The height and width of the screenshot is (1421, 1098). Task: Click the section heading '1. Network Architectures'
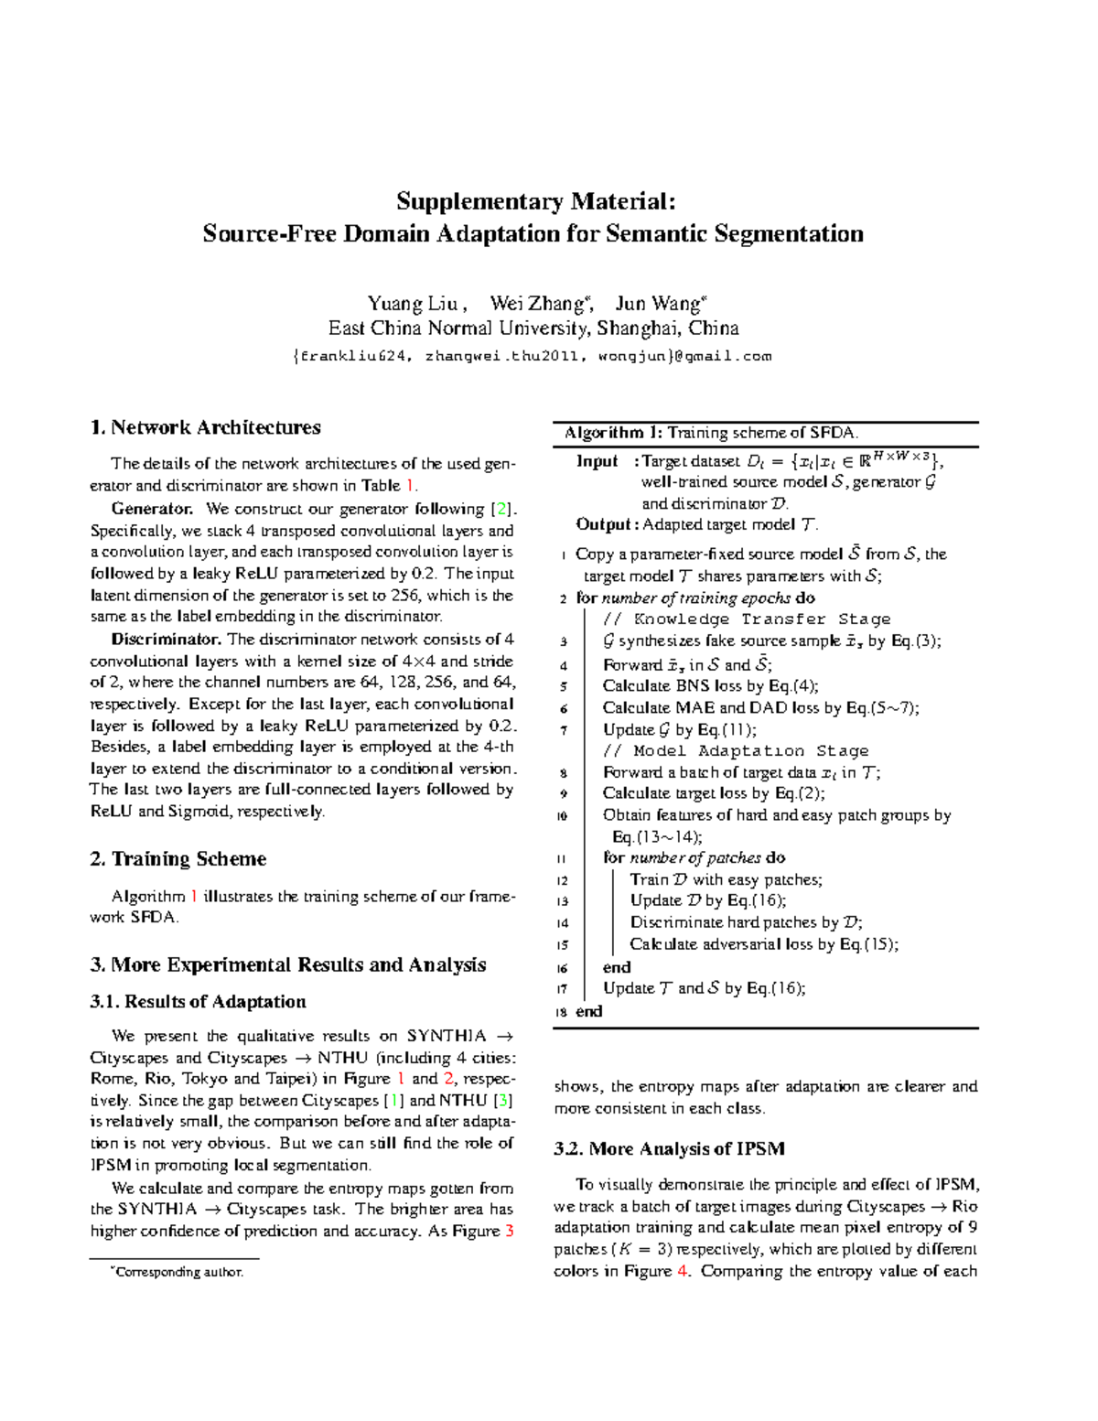click(205, 427)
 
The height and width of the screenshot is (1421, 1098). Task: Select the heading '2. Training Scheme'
click(178, 858)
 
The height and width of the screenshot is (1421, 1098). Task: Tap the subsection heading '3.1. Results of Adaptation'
click(198, 1001)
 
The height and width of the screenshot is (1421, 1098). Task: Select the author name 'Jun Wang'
click(657, 304)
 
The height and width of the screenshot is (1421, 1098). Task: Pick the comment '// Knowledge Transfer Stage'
click(747, 619)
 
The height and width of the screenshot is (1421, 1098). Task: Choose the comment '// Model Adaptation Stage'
click(736, 751)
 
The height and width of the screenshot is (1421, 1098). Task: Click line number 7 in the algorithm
click(564, 731)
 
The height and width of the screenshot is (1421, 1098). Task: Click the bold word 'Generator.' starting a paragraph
click(152, 509)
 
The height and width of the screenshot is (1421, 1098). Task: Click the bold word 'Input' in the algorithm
click(597, 461)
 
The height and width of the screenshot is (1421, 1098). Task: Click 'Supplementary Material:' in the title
click(535, 201)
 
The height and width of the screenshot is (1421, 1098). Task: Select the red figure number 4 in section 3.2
click(682, 1271)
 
